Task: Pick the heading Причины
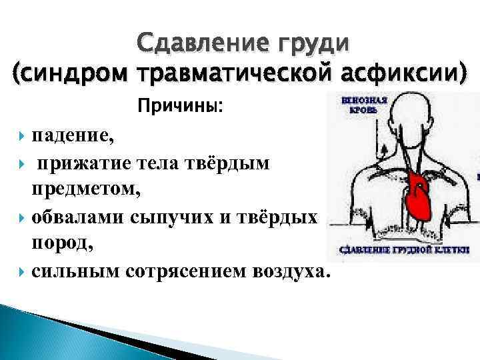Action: [x=181, y=106]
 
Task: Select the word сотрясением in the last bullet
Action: [x=182, y=272]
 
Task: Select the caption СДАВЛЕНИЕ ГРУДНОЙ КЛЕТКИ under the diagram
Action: [x=405, y=250]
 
